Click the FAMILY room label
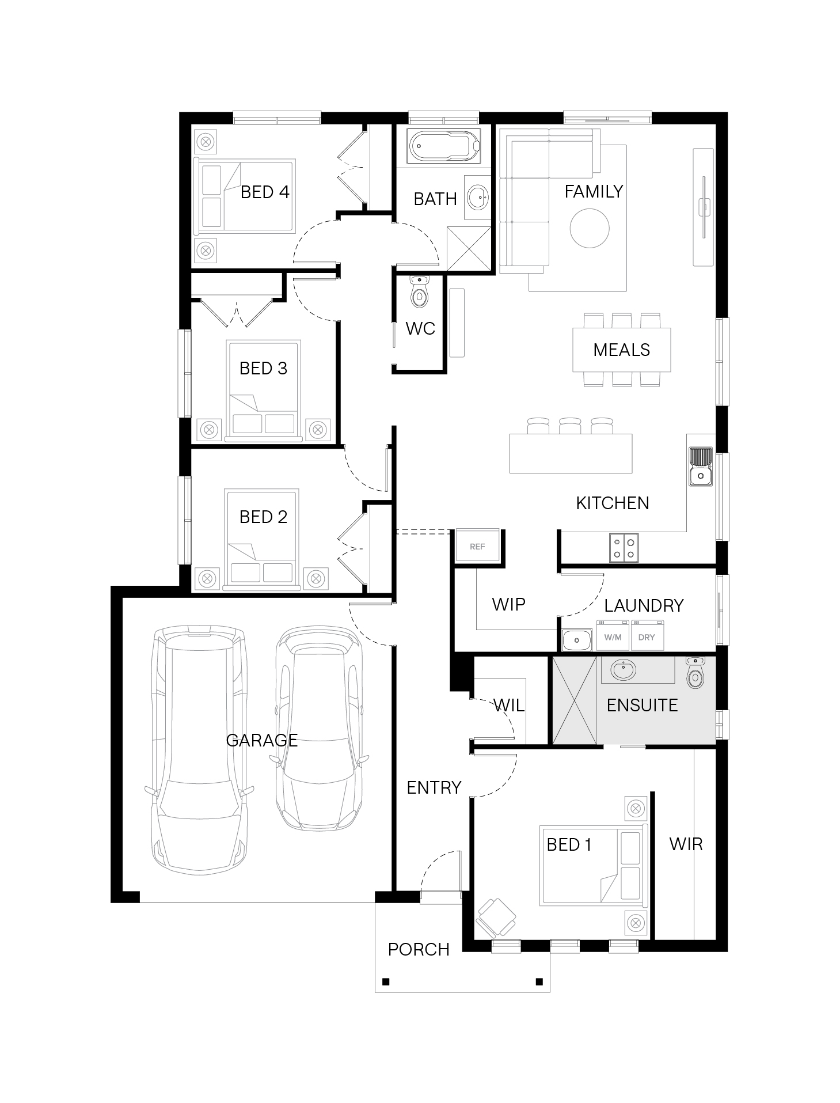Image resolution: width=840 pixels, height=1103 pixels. (x=594, y=191)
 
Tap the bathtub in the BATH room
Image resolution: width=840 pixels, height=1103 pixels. (x=444, y=146)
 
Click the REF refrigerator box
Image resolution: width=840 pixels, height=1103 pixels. (x=477, y=546)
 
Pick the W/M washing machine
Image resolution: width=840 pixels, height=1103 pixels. (x=613, y=635)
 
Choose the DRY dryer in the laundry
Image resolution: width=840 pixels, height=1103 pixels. (x=647, y=635)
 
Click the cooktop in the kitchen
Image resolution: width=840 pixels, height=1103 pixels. (x=624, y=547)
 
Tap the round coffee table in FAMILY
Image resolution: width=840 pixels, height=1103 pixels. (x=590, y=228)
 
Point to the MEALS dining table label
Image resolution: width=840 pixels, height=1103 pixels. (x=622, y=350)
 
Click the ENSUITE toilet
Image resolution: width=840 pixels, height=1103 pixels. (x=695, y=672)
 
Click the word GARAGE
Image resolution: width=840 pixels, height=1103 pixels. (x=262, y=740)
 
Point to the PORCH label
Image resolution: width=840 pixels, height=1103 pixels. (x=419, y=949)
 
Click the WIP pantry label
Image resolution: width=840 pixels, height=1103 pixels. (x=509, y=604)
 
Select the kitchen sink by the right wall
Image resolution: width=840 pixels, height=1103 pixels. (x=701, y=466)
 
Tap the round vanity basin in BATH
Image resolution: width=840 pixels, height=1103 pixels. (x=478, y=198)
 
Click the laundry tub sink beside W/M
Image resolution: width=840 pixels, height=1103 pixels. (x=577, y=639)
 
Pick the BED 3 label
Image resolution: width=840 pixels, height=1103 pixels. (x=263, y=368)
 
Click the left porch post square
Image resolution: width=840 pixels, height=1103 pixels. (x=386, y=981)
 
